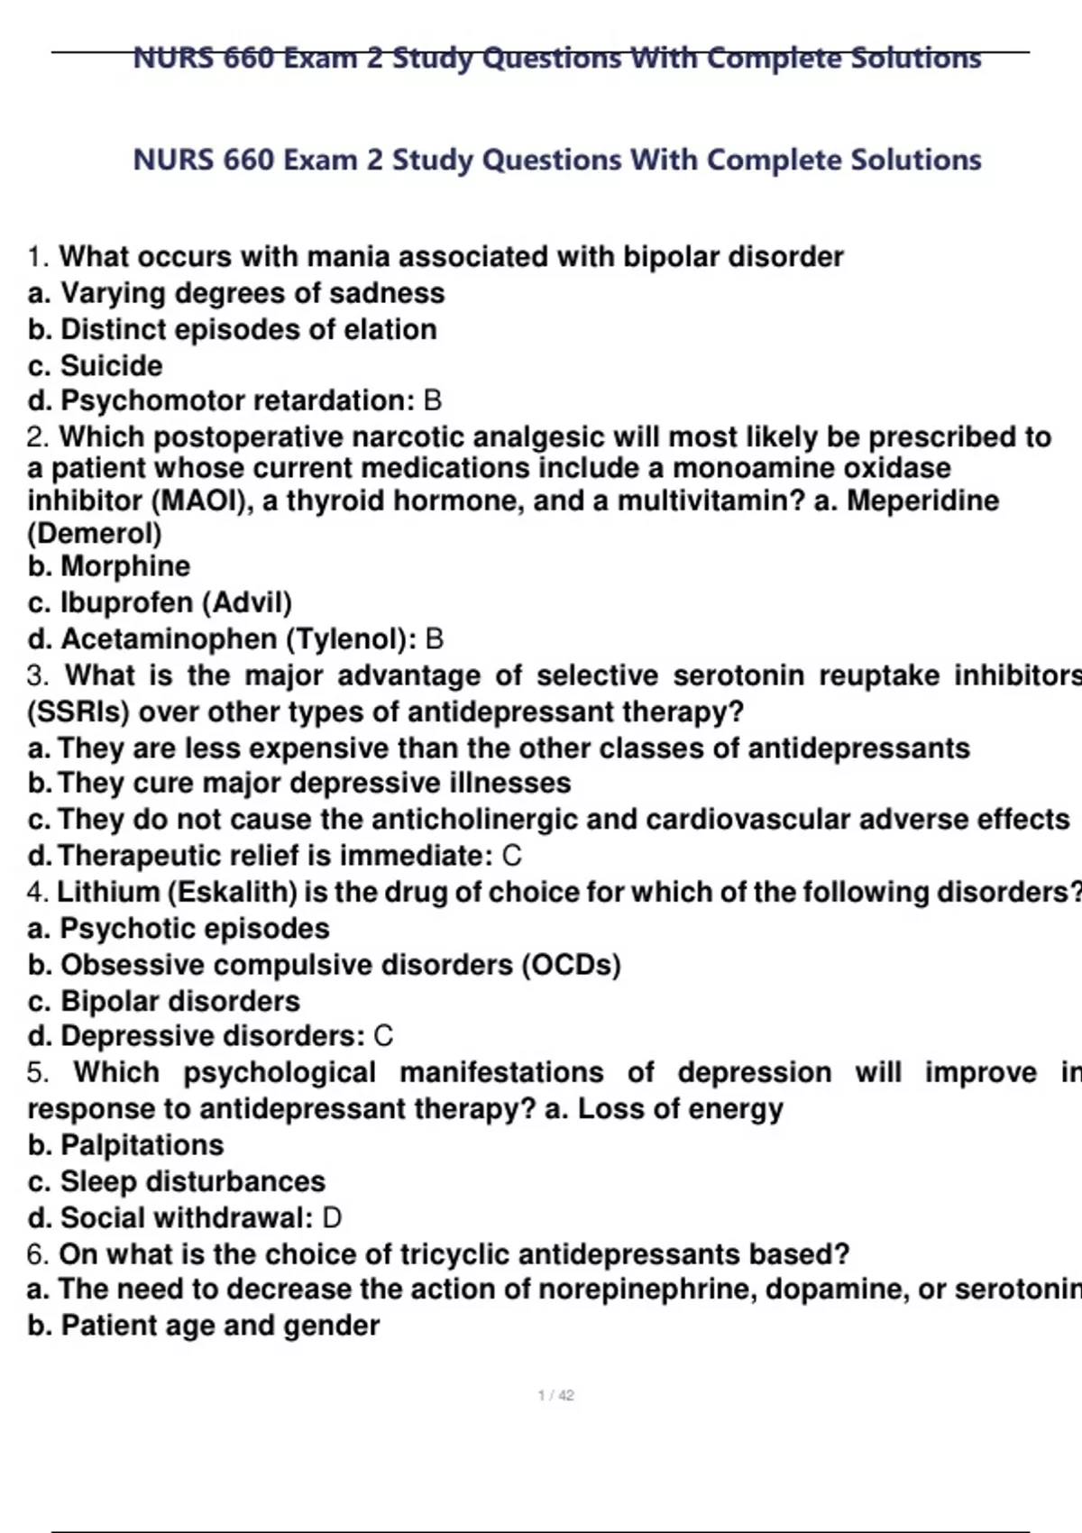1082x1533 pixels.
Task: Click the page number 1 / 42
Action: [x=555, y=1395]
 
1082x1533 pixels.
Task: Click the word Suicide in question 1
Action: [x=111, y=365]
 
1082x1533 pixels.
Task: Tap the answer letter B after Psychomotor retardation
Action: [x=433, y=400]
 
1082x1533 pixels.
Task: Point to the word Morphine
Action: [x=125, y=566]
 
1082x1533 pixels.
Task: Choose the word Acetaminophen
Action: [x=169, y=639]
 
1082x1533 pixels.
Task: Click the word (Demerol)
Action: [x=95, y=533]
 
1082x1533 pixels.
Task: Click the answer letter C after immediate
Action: [x=511, y=856]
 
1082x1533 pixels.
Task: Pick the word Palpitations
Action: [x=142, y=1145]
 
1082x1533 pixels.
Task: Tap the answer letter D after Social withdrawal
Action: [x=332, y=1218]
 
